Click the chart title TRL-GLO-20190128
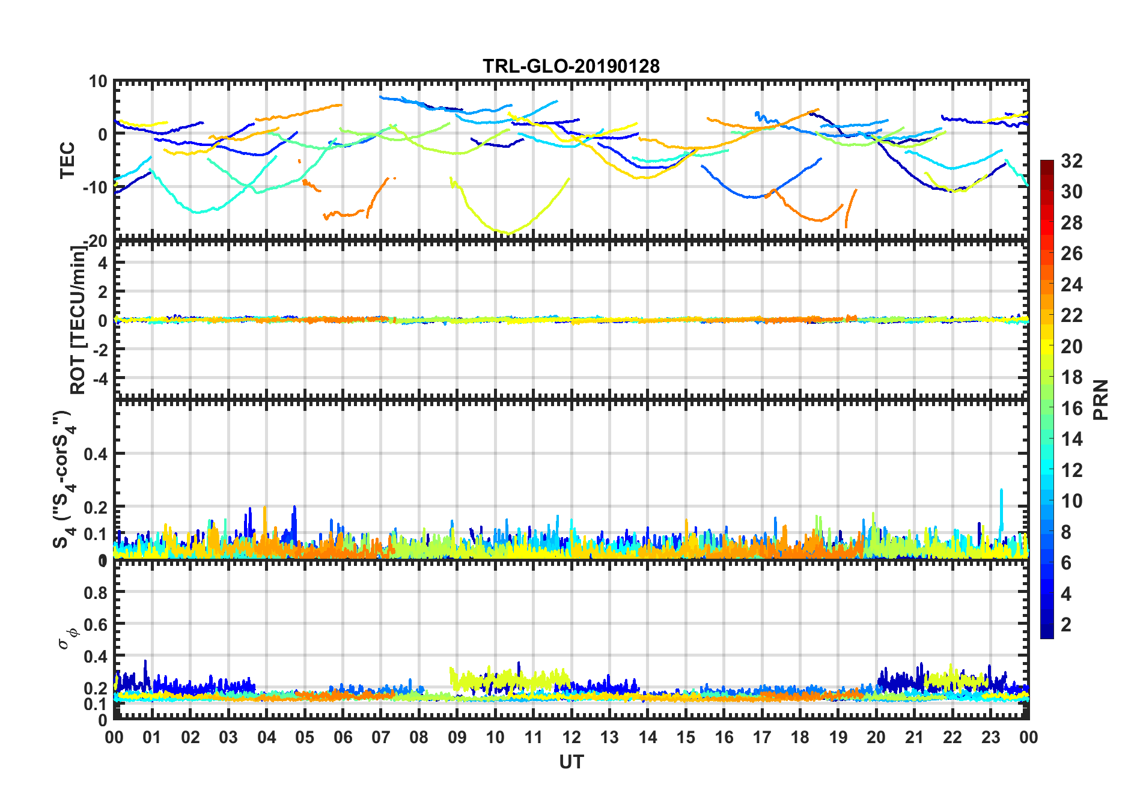[571, 66]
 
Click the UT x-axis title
[571, 762]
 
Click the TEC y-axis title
[67, 160]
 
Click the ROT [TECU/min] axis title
[78, 320]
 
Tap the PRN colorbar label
[1101, 399]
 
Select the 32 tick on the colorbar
[1071, 161]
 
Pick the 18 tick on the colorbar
[1071, 377]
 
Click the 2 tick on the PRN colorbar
[1066, 625]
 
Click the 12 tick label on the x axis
[571, 737]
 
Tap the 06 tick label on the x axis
[343, 737]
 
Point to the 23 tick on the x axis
[990, 737]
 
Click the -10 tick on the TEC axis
[94, 187]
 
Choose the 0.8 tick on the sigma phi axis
[96, 592]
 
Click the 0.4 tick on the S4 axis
[96, 454]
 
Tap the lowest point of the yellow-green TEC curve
[508, 232]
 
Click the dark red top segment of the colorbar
[1047, 165]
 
